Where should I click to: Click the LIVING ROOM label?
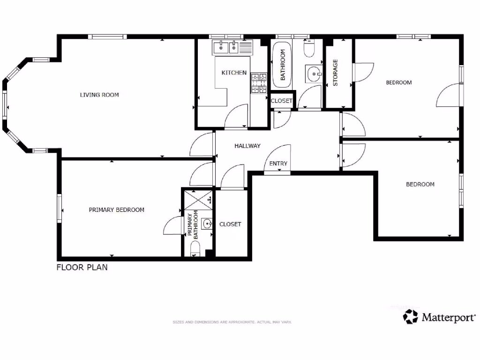point(99,95)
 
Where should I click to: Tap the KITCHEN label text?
point(234,73)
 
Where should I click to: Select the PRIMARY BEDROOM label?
point(116,210)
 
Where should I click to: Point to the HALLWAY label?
point(247,146)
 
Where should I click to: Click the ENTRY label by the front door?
point(278,164)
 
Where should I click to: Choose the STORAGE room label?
point(335,73)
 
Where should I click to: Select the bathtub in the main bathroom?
point(282,64)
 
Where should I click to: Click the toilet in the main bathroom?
point(309,48)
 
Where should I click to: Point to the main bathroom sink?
point(314,73)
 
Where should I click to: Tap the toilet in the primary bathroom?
point(196,248)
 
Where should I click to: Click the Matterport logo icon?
point(411,316)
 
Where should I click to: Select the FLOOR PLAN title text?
point(82,268)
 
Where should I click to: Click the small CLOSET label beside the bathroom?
point(282,101)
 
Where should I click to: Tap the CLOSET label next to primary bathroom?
point(230,225)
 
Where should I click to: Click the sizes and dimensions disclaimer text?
point(232,322)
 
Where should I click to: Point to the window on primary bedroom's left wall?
point(60,209)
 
